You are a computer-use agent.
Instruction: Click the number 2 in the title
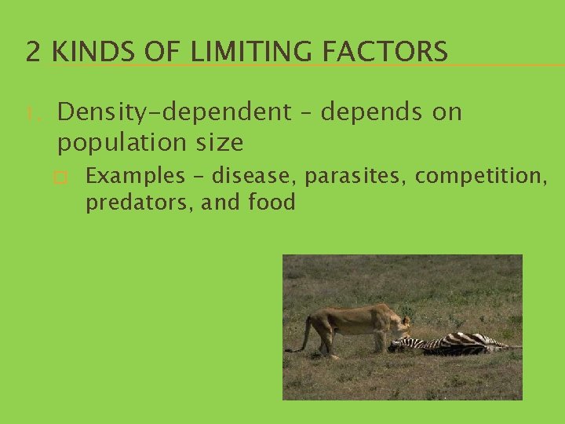(x=33, y=52)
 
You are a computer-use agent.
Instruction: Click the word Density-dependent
(x=173, y=113)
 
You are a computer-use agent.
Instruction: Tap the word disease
(x=254, y=176)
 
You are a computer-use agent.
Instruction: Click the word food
(x=272, y=203)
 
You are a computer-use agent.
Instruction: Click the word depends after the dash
(x=373, y=113)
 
